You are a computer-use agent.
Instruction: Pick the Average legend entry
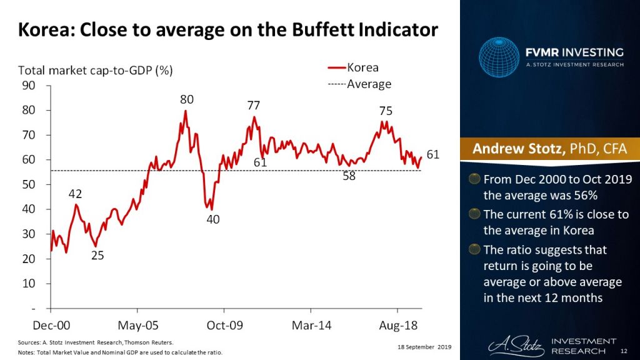(x=368, y=84)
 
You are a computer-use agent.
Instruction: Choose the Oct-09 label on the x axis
(x=224, y=325)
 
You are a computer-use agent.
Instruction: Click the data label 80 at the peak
(x=187, y=99)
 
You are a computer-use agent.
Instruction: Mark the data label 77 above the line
(x=252, y=105)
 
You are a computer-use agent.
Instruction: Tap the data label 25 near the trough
(x=98, y=255)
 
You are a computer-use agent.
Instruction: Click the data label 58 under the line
(x=349, y=176)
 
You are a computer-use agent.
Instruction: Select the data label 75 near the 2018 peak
(x=386, y=111)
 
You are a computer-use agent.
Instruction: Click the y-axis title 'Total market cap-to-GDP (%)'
(x=95, y=70)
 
